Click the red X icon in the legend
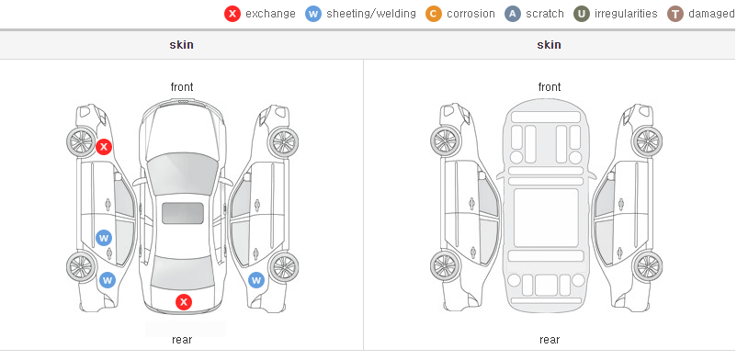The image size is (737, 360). pyautogui.click(x=232, y=14)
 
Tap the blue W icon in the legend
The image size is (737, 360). pyautogui.click(x=313, y=14)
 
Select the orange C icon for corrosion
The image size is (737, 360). pyautogui.click(x=434, y=14)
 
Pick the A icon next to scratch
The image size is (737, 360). pyautogui.click(x=513, y=14)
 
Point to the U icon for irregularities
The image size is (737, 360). pyautogui.click(x=582, y=14)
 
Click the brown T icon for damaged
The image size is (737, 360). pyautogui.click(x=675, y=14)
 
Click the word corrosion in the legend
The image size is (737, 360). pyautogui.click(x=471, y=14)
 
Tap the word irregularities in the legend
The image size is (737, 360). pyautogui.click(x=626, y=14)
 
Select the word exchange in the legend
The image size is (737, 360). pyautogui.click(x=270, y=14)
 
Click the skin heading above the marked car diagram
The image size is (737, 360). pyautogui.click(x=181, y=45)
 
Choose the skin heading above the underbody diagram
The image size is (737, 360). pyautogui.click(x=549, y=45)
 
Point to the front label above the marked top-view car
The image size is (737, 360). pyautogui.click(x=182, y=86)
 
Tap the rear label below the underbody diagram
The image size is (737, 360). pyautogui.click(x=550, y=339)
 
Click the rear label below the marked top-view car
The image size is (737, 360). pyautogui.click(x=182, y=339)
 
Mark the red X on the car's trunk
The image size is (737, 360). pyautogui.click(x=184, y=302)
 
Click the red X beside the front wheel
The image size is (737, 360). pyautogui.click(x=104, y=147)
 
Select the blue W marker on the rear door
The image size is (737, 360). pyautogui.click(x=104, y=238)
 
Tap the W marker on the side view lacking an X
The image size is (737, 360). pyautogui.click(x=256, y=281)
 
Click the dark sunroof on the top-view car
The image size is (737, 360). pyautogui.click(x=183, y=213)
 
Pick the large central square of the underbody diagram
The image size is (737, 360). pyautogui.click(x=546, y=218)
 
